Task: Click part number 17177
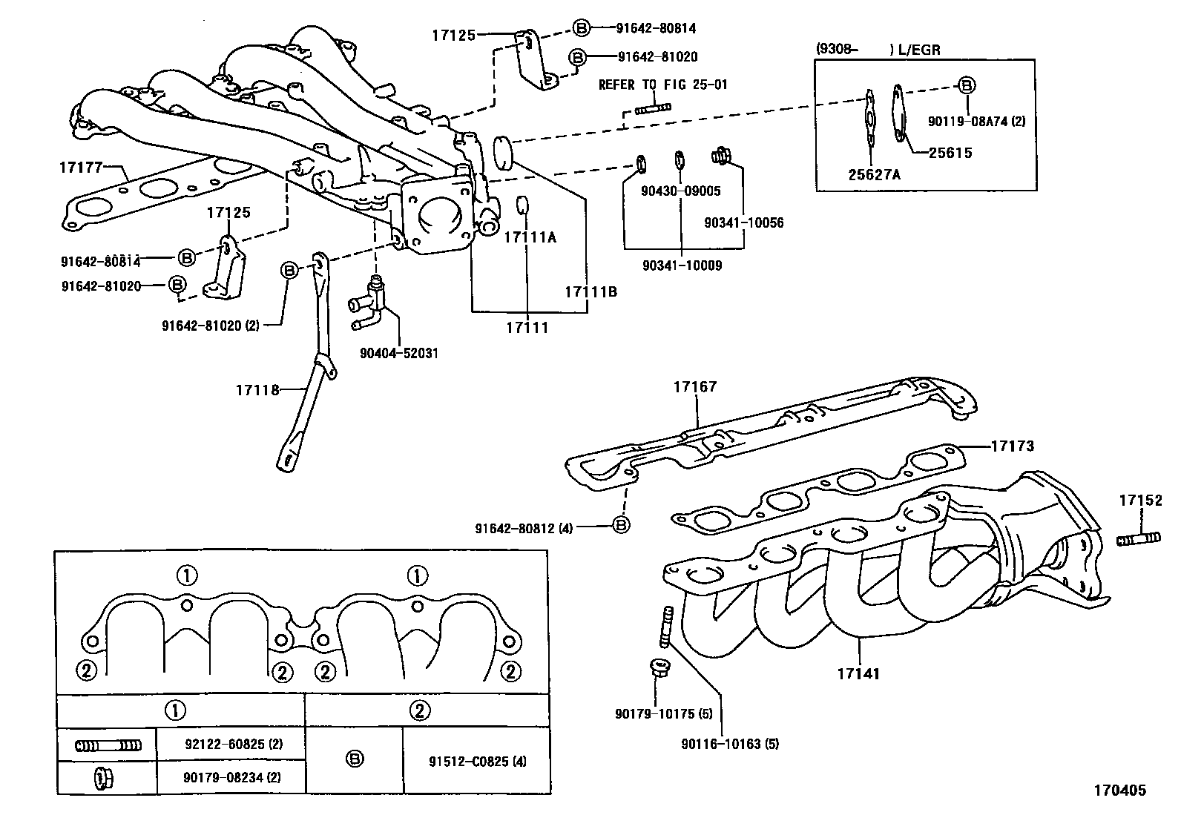pyautogui.click(x=79, y=168)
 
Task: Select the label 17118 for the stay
pyautogui.click(x=257, y=389)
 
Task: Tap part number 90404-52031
pyautogui.click(x=398, y=353)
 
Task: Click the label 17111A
pyautogui.click(x=530, y=237)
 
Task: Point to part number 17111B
pyautogui.click(x=590, y=292)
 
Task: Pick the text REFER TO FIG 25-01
pyautogui.click(x=663, y=85)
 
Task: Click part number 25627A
pyautogui.click(x=875, y=174)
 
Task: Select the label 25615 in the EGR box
pyautogui.click(x=950, y=153)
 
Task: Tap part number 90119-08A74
pyautogui.click(x=977, y=120)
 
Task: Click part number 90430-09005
pyautogui.click(x=681, y=191)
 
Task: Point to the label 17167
pyautogui.click(x=695, y=386)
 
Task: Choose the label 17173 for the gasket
pyautogui.click(x=1012, y=446)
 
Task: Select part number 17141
pyautogui.click(x=858, y=674)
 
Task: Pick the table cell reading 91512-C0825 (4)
pyautogui.click(x=477, y=761)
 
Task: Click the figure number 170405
pyautogui.click(x=1118, y=791)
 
